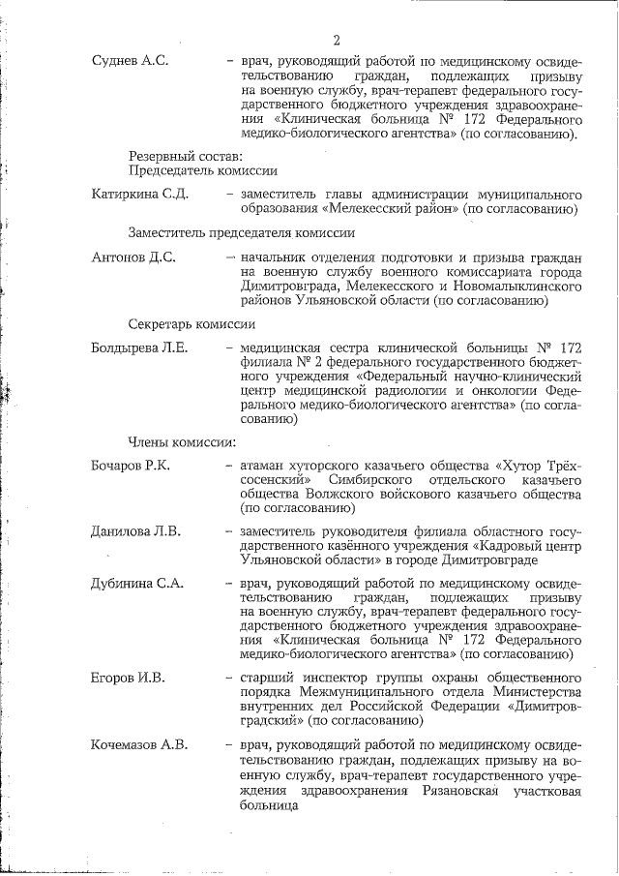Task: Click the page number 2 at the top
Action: click(337, 41)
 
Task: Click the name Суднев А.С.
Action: click(130, 61)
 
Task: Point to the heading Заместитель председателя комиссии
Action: click(241, 232)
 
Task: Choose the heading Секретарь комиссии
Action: click(192, 324)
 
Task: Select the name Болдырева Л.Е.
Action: click(139, 349)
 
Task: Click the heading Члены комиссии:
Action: click(182, 442)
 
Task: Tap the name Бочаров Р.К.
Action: click(131, 467)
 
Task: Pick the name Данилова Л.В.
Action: click(134, 531)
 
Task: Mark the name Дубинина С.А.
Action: click(136, 584)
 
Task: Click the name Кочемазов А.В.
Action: click(139, 744)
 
